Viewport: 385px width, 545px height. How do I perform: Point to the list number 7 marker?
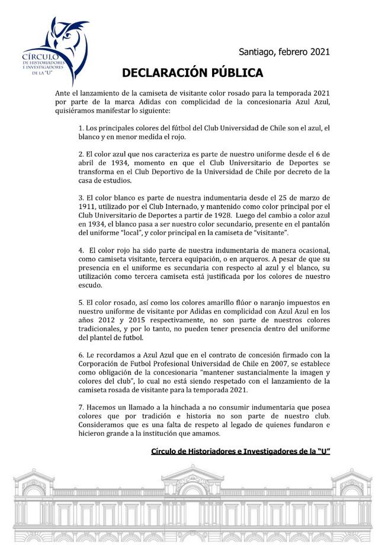(81, 408)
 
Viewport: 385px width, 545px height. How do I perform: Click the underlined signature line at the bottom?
(240, 451)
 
